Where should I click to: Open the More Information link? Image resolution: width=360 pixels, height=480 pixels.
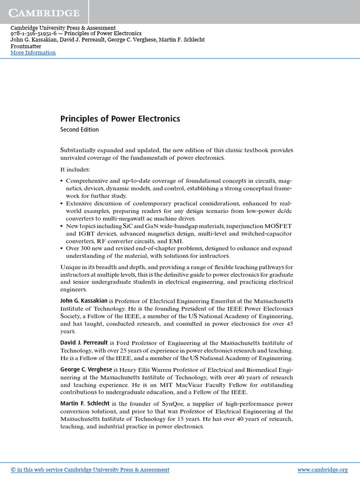tap(33, 52)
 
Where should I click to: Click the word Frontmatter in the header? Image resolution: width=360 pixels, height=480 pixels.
tap(26, 46)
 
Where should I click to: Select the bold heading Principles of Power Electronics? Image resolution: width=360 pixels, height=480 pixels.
tap(120, 119)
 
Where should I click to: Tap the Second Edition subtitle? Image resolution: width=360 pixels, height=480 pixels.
tap(79, 130)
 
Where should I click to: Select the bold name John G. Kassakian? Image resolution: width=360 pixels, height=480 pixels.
tap(84, 301)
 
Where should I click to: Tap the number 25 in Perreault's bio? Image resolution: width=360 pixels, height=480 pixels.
tap(129, 351)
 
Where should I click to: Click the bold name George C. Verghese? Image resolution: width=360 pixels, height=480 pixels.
tap(86, 370)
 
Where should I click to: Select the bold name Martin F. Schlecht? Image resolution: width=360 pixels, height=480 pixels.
tap(85, 404)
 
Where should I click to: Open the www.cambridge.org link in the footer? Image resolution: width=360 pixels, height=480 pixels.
tap(322, 470)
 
